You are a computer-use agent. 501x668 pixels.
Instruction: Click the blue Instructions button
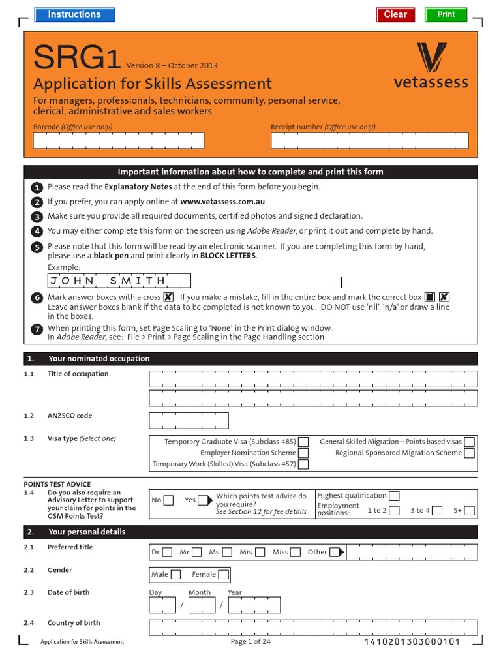[x=74, y=14]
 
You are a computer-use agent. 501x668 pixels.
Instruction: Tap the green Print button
[x=446, y=14]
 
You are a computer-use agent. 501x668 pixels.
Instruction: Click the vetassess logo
[x=431, y=65]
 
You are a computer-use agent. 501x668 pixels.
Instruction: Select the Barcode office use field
[x=118, y=140]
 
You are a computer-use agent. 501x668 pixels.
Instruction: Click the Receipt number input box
[x=369, y=140]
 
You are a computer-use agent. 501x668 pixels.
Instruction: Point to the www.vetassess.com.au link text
[x=222, y=202]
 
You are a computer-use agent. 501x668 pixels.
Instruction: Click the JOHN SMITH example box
[x=119, y=281]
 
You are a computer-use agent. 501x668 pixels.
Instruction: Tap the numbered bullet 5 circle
[x=37, y=247]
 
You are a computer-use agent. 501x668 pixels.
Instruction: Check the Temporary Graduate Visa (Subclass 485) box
[x=303, y=442]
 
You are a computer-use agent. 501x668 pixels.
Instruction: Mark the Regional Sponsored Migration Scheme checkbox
[x=469, y=453]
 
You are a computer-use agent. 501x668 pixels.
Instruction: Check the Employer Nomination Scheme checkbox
[x=303, y=453]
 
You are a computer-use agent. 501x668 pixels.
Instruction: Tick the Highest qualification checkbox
[x=394, y=496]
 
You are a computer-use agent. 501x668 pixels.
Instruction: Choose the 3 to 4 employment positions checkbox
[x=437, y=511]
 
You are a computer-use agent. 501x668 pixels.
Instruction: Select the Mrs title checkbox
[x=260, y=553]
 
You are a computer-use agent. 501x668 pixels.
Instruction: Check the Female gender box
[x=223, y=575]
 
